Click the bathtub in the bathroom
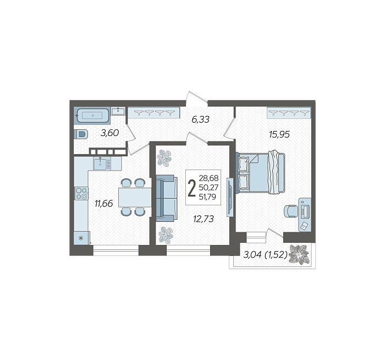coord(92,115)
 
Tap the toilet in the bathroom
coord(81,135)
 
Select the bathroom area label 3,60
coord(110,133)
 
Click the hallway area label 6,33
coord(200,119)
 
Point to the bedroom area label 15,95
coord(279,134)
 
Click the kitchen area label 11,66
coord(104,204)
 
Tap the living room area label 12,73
coord(204,219)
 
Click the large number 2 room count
coord(191,188)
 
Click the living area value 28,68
coord(208,178)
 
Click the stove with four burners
coord(81,193)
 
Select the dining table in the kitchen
coord(135,197)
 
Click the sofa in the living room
coord(167,198)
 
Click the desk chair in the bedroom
coord(291,211)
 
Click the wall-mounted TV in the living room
coord(230,197)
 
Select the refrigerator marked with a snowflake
coord(81,238)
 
